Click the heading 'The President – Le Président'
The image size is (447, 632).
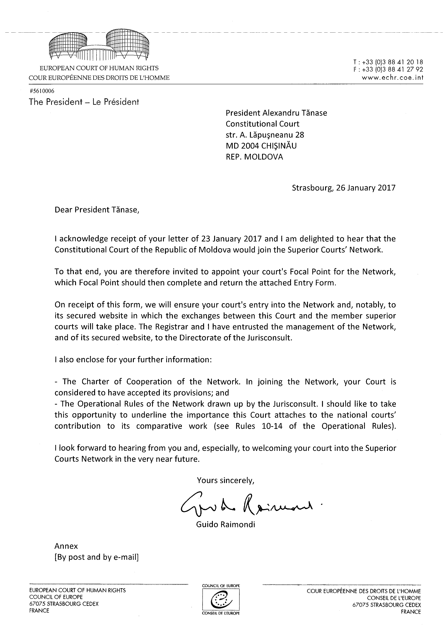pyautogui.click(x=84, y=102)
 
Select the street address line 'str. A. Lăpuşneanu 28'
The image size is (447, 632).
pyautogui.click(x=265, y=135)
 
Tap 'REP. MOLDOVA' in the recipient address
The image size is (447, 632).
pyautogui.click(x=254, y=157)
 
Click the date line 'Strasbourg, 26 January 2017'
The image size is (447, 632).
pyautogui.click(x=343, y=188)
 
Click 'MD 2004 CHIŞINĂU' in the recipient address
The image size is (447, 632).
pyautogui.click(x=261, y=146)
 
